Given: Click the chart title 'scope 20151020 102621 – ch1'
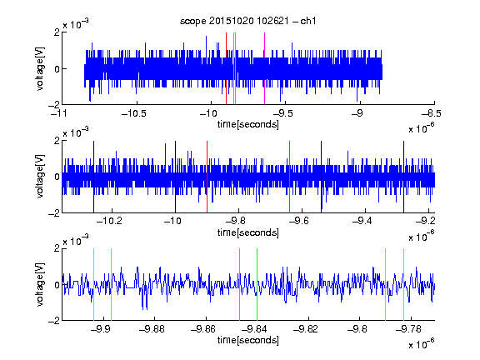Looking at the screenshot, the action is [x=247, y=21].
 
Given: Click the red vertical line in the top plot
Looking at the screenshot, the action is [x=226, y=68].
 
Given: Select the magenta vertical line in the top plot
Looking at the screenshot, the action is [x=264, y=68].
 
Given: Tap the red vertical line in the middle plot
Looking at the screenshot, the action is [x=207, y=177].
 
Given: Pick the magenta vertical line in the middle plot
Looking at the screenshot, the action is [x=290, y=177].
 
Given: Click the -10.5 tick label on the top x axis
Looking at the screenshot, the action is [x=134, y=114].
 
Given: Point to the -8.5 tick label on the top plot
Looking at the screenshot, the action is [x=432, y=114].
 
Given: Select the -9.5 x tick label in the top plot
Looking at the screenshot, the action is [x=282, y=114].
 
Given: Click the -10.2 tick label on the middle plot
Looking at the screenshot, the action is [x=109, y=221].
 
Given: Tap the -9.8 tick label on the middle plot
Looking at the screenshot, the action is [x=236, y=221].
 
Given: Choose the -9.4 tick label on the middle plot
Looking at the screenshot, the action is [x=362, y=221].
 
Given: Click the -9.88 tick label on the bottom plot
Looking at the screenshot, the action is [x=152, y=329].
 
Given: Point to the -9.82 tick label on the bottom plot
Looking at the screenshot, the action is [x=306, y=329].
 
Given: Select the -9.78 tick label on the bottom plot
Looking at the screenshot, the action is [x=408, y=329].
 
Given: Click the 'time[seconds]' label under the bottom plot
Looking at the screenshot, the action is [x=248, y=340].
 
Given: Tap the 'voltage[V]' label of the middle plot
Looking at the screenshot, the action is [x=40, y=177].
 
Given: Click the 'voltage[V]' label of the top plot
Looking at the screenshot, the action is [x=40, y=68].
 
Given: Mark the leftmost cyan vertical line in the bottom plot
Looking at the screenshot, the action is [x=93, y=285].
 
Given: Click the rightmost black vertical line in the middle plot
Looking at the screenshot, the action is [x=404, y=177].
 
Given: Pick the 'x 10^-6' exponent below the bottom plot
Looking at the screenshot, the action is [x=422, y=343].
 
